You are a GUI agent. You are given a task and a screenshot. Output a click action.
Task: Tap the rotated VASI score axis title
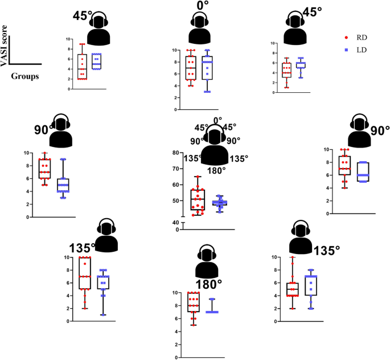click(5, 46)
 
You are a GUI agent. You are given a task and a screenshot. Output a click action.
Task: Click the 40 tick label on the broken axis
click(172, 222)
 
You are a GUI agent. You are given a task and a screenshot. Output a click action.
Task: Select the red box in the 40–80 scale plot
click(198, 199)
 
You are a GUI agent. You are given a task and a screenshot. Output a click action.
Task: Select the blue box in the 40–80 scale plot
click(219, 203)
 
